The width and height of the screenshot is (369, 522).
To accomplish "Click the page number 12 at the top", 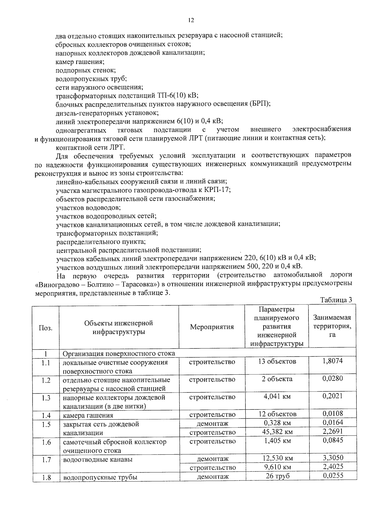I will click(191, 20).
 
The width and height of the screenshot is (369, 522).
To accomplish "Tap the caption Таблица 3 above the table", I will click(336, 300).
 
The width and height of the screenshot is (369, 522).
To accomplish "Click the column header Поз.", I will click(46, 328).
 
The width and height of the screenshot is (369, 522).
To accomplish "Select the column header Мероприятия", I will click(212, 327).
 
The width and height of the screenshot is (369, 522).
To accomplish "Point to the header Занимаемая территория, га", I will click(332, 326).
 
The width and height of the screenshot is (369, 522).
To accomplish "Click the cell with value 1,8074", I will click(332, 361).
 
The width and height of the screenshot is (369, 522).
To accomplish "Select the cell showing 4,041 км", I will click(277, 396).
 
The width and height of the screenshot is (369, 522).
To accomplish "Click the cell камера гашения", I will click(88, 416).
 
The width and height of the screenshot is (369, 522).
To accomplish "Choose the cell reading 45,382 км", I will click(277, 432).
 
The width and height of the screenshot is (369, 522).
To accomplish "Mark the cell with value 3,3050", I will click(333, 458).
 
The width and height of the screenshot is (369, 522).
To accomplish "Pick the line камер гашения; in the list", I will click(80, 62).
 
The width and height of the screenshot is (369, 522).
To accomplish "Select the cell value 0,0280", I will click(332, 379).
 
